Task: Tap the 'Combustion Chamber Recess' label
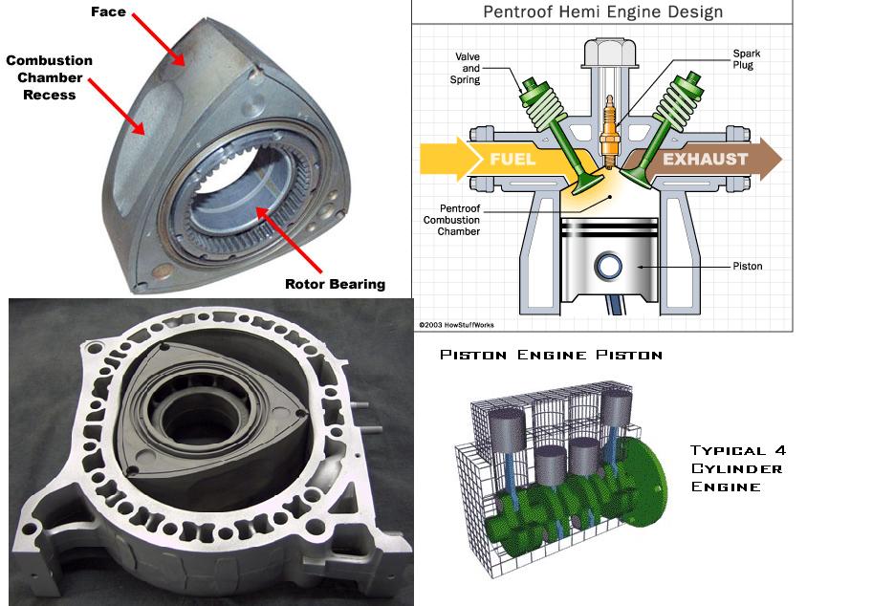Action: (x=50, y=76)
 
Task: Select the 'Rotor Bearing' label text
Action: (x=335, y=283)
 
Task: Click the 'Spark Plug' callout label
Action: (x=747, y=59)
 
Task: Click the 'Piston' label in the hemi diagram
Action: (x=748, y=266)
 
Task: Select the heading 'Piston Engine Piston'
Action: (x=551, y=356)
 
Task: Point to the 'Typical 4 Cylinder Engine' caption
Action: (x=737, y=468)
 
